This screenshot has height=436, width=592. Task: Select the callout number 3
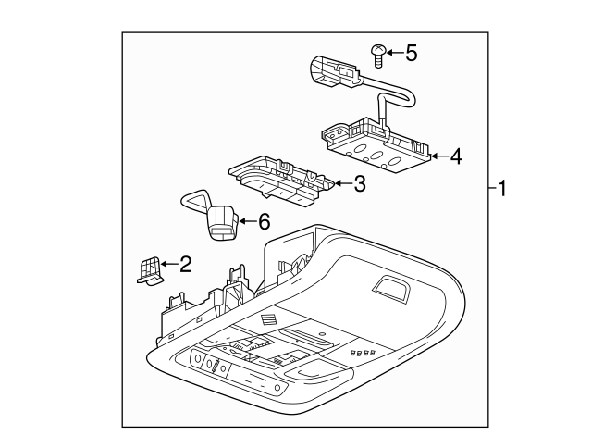[x=360, y=183]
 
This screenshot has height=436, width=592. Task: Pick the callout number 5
[x=412, y=53]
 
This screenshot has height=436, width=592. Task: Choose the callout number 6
[x=263, y=221]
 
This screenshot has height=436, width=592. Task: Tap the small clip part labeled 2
[x=145, y=269]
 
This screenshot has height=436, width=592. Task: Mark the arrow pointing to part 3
[x=340, y=183]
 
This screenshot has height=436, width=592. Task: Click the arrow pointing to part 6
[x=245, y=221]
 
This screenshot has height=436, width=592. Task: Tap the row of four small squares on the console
[x=360, y=353]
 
